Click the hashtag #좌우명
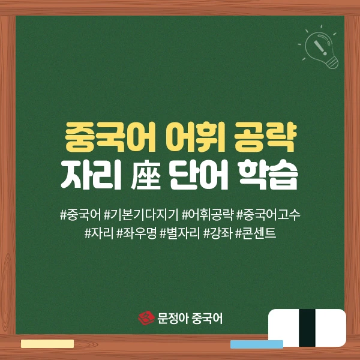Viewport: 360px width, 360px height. coord(137,232)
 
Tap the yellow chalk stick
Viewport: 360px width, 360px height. coord(47,344)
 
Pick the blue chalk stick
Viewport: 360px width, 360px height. coord(256,344)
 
